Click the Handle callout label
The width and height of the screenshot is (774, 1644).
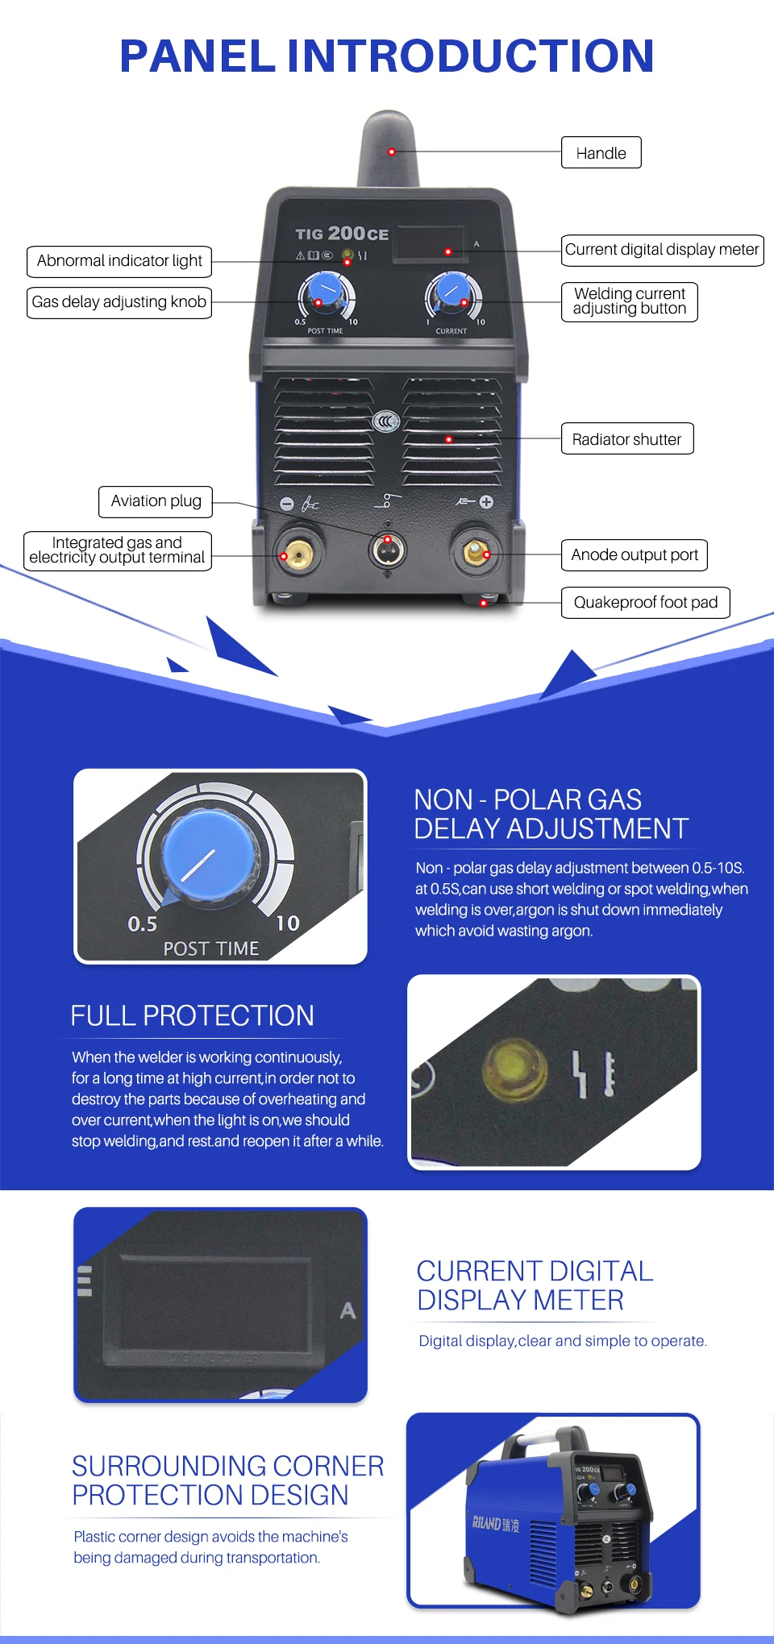(x=601, y=152)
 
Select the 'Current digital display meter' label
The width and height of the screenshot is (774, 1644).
(x=662, y=250)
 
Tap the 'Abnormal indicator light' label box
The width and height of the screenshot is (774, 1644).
(x=119, y=261)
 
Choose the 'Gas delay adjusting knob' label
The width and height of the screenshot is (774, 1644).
(x=119, y=302)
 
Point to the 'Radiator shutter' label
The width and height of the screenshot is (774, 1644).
(x=626, y=439)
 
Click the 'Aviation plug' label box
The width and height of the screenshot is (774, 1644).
(x=156, y=501)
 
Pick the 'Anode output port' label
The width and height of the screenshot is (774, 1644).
(x=635, y=555)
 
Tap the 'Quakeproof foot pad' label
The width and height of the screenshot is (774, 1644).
(x=645, y=603)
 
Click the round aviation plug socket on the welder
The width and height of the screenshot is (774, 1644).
(x=388, y=550)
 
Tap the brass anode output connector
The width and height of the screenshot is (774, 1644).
(x=476, y=552)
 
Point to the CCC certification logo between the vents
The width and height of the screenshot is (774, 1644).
(x=387, y=421)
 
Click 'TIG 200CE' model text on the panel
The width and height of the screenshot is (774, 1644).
(x=342, y=234)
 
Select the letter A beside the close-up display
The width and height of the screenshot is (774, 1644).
(x=347, y=1310)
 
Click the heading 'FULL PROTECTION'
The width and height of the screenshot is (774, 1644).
(x=192, y=1015)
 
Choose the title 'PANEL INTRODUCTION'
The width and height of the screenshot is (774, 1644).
(x=387, y=56)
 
